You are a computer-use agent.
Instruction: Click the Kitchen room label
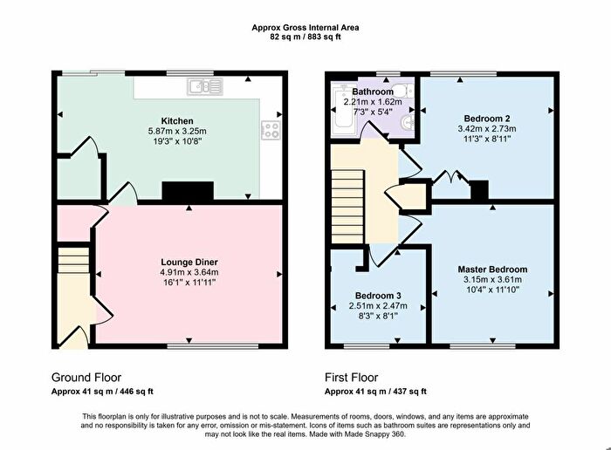(177, 120)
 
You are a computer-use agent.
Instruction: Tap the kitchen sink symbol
(205, 86)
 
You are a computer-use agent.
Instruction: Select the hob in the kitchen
(271, 130)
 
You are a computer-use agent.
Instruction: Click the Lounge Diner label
(189, 262)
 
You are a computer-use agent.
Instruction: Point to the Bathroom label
(373, 92)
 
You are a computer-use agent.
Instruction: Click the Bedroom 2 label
(487, 119)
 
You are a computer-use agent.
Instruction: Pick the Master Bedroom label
(492, 269)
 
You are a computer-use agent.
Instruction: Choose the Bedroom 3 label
(378, 296)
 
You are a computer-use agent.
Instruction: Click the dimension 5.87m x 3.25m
(177, 131)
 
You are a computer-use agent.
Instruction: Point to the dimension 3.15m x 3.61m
(492, 279)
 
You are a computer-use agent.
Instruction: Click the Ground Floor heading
(86, 378)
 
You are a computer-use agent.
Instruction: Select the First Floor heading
(352, 378)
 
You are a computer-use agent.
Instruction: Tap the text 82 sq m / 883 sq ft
(305, 37)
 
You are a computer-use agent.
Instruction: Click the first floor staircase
(347, 207)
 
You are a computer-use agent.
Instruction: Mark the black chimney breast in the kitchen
(188, 191)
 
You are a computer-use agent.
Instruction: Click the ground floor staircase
(74, 260)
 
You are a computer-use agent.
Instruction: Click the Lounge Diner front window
(213, 346)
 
